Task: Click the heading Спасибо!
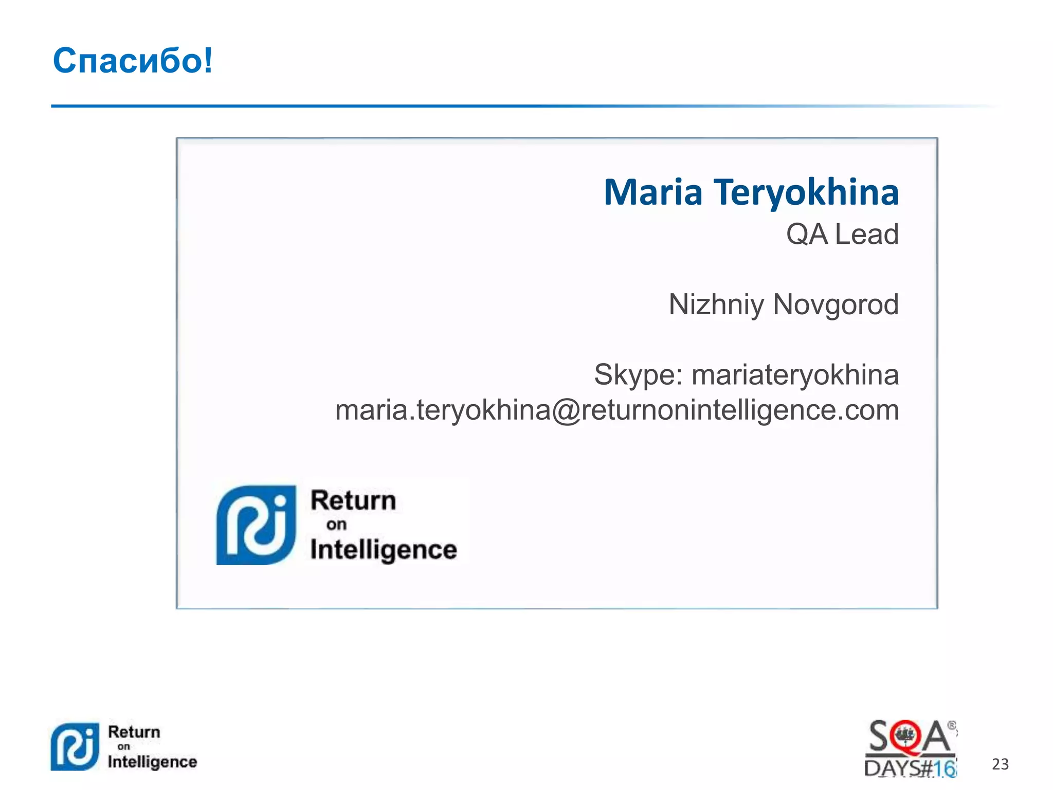[x=133, y=61]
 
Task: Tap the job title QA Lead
[x=842, y=235]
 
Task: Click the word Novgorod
[x=836, y=304]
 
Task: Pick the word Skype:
[x=638, y=374]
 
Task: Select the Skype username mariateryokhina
[x=795, y=374]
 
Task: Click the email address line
[x=617, y=410]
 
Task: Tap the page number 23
[x=1000, y=764]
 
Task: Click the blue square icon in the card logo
[x=256, y=525]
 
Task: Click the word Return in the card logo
[x=353, y=500]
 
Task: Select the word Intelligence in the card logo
[x=384, y=550]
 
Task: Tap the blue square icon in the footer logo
[x=75, y=747]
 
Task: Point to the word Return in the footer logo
[x=134, y=732]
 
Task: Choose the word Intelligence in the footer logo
[x=152, y=762]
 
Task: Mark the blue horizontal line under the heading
[x=514, y=106]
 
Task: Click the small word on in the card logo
[x=336, y=525]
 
